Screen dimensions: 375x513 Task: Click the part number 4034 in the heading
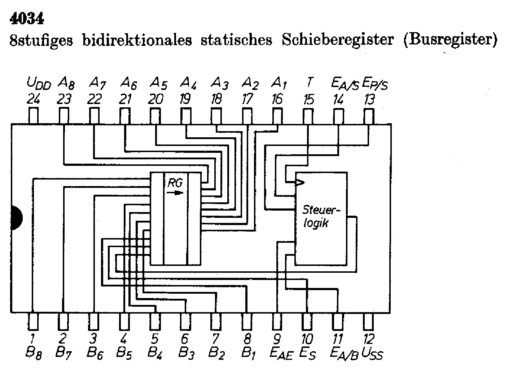27,19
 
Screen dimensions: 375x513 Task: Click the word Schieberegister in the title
338,39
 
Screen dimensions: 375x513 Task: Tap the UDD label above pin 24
39,83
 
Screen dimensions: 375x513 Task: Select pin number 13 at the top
369,99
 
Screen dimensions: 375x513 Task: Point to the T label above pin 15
309,83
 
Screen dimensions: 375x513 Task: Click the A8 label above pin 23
66,83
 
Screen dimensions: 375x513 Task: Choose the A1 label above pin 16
279,83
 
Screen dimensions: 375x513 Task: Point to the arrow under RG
175,193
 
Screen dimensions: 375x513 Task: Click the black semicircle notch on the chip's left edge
16,218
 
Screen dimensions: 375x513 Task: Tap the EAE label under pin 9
281,354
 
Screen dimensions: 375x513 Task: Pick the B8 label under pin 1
34,354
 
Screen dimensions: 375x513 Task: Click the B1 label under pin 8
249,354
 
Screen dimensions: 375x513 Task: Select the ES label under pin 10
308,354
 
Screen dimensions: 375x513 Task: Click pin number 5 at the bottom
155,339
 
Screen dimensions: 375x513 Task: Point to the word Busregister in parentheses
450,39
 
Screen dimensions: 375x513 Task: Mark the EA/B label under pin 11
344,354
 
